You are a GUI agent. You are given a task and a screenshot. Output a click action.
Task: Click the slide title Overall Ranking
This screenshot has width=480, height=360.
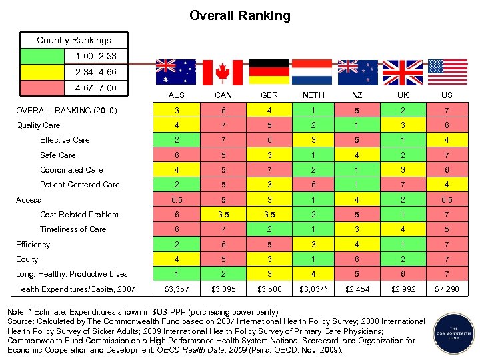point(240,15)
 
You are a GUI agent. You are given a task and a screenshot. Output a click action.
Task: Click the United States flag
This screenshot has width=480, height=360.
point(447,72)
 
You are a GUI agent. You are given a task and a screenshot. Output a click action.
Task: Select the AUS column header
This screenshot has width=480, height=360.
point(176,95)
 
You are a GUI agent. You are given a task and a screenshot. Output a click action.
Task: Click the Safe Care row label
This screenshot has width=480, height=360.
point(58,155)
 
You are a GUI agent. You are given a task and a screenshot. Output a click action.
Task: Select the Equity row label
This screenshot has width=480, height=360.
point(27,259)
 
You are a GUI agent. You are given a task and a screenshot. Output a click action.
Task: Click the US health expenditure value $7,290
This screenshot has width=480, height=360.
point(447,289)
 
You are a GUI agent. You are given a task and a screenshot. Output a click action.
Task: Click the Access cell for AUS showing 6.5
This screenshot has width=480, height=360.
point(176,199)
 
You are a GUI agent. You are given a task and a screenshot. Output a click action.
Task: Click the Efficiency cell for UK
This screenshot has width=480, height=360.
point(402,245)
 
